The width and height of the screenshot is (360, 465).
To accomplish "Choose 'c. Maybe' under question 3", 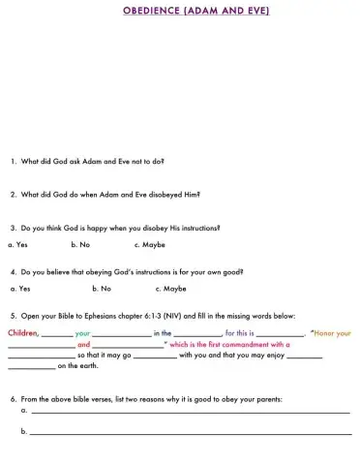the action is [x=149, y=244].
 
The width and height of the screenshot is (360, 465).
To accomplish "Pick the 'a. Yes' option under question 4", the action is [x=20, y=288].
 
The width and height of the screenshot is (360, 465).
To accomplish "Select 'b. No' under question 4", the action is [x=102, y=288].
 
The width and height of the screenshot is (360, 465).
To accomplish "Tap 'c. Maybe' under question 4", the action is [x=170, y=288].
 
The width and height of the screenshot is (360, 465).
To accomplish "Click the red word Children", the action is [x=22, y=332].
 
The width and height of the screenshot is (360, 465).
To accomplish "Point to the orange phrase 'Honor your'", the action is [x=332, y=332].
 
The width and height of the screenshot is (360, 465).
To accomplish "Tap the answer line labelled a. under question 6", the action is [x=189, y=412].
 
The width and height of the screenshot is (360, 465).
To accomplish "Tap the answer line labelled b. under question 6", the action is [x=189, y=433].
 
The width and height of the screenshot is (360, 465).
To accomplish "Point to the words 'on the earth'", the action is [x=80, y=366].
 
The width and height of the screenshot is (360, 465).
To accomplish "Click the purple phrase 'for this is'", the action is [x=240, y=332].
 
